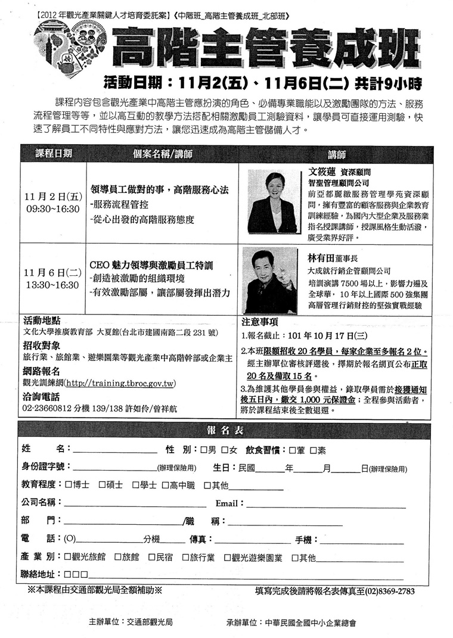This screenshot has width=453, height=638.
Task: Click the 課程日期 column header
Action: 52,153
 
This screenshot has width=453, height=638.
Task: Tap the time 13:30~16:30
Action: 52,285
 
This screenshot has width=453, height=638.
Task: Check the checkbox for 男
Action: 204,449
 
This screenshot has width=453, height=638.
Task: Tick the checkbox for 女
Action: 225,449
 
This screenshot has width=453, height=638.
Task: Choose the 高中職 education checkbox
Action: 165,485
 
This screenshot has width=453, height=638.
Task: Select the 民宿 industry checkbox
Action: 151,558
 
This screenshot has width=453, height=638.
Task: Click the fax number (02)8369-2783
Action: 384,592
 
